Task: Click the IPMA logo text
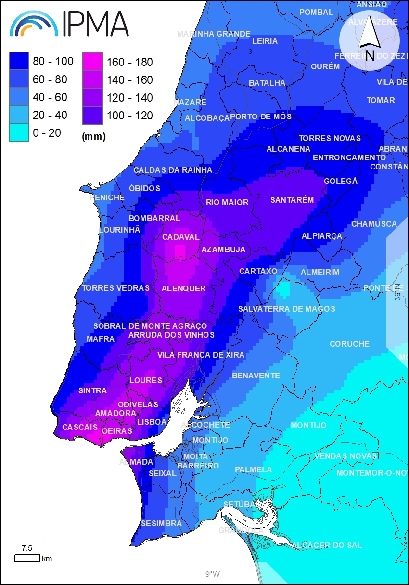pyautogui.click(x=95, y=24)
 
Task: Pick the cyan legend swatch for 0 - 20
pyautogui.click(x=18, y=133)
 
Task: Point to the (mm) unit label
pyautogui.click(x=94, y=137)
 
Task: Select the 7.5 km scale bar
pyautogui.click(x=27, y=558)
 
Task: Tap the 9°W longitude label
pyautogui.click(x=212, y=574)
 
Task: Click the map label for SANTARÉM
pyautogui.click(x=292, y=200)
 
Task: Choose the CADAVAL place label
pyautogui.click(x=180, y=237)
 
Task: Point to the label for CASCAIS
pyautogui.click(x=80, y=427)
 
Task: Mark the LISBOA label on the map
pyautogui.click(x=152, y=422)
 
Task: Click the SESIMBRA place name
pyautogui.click(x=161, y=523)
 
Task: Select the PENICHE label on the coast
pyautogui.click(x=107, y=197)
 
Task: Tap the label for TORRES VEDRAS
pyautogui.click(x=115, y=288)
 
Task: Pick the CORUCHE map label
pyautogui.click(x=349, y=344)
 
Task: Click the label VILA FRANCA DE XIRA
pyautogui.click(x=201, y=355)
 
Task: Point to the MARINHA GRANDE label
pyautogui.click(x=214, y=34)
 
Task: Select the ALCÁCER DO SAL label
pyautogui.click(x=326, y=545)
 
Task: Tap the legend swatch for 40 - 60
pyautogui.click(x=18, y=97)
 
